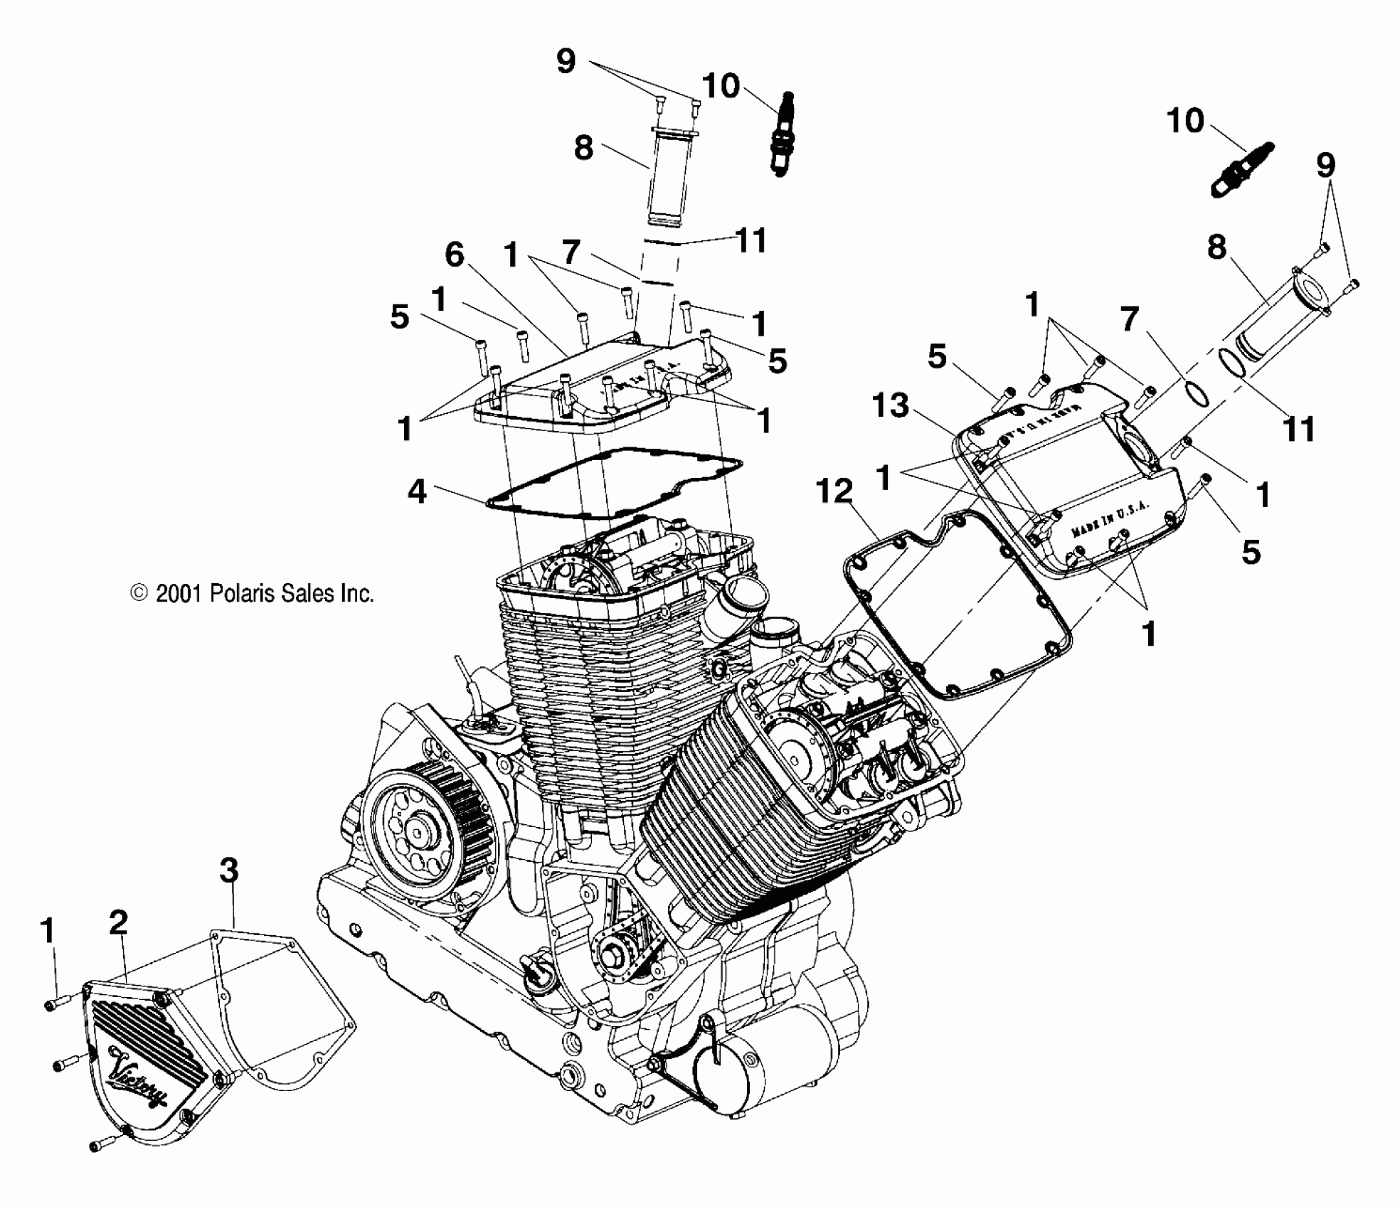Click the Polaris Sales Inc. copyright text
(x=253, y=593)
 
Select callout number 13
(x=890, y=406)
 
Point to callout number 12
(x=834, y=491)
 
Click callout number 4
(x=417, y=491)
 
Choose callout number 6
(x=455, y=255)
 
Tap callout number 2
(x=118, y=922)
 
